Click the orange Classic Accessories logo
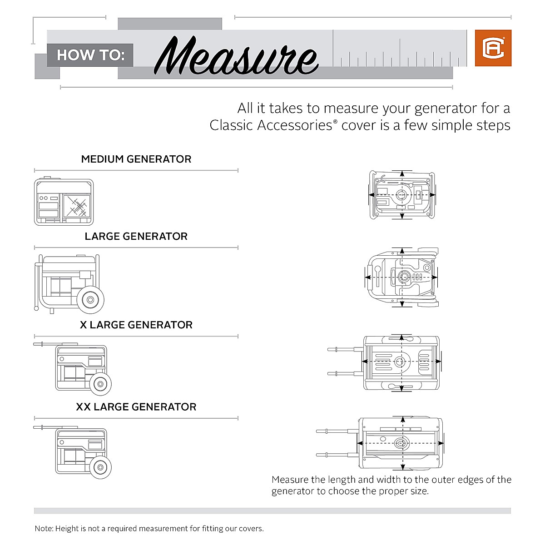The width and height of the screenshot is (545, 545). click(x=493, y=48)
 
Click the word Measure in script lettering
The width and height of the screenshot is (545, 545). click(x=236, y=56)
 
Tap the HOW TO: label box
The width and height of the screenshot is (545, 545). click(x=90, y=55)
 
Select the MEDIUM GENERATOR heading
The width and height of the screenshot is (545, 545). click(x=136, y=159)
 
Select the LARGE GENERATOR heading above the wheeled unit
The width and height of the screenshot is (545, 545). click(x=136, y=237)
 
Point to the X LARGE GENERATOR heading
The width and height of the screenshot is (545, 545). click(x=136, y=325)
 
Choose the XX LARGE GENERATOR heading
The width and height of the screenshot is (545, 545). click(x=136, y=407)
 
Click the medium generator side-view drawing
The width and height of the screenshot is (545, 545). click(x=64, y=202)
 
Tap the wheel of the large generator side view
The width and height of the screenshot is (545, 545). click(x=90, y=300)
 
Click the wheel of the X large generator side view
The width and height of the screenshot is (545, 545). click(x=100, y=384)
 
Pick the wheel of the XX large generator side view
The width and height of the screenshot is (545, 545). click(x=100, y=466)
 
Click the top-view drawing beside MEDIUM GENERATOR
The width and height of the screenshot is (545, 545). click(x=402, y=195)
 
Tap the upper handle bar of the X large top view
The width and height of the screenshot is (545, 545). click(x=345, y=349)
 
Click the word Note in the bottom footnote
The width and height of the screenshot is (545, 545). click(x=44, y=529)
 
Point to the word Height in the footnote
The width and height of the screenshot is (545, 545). click(x=67, y=529)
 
